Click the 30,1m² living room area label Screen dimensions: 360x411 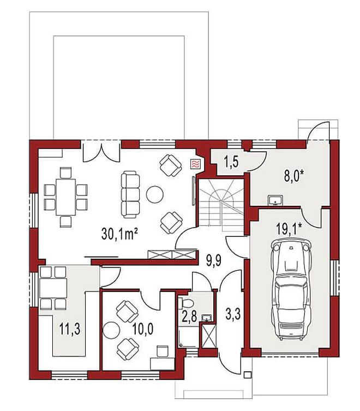119,234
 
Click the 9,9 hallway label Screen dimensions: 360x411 214,261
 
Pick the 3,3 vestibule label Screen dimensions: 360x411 233,314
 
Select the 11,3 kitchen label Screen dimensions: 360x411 70,329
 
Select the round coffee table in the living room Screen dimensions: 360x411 154,194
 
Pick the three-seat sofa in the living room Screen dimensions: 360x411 130,194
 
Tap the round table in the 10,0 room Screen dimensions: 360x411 111,330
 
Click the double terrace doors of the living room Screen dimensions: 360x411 101,152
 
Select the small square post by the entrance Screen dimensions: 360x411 247,375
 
